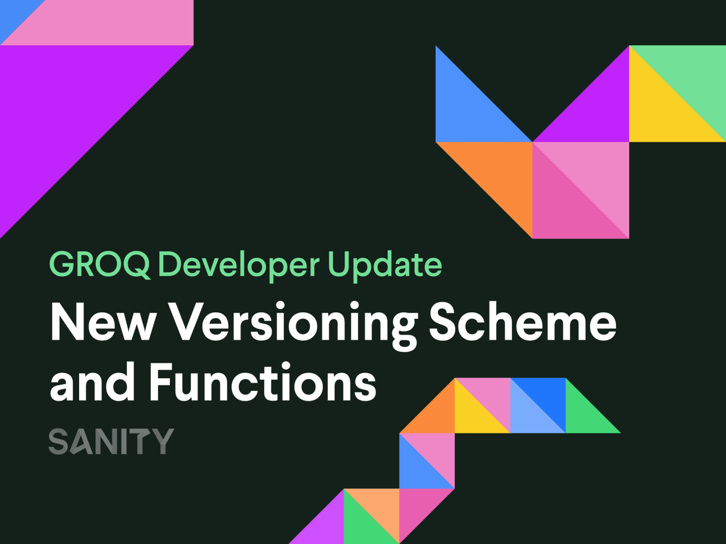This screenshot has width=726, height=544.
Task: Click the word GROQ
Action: tap(99, 264)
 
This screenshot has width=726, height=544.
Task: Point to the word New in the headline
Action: tap(103, 323)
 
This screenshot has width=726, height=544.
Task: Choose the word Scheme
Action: tap(523, 323)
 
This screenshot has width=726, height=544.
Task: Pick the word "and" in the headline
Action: tap(92, 382)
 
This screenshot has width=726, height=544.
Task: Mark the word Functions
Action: tap(263, 382)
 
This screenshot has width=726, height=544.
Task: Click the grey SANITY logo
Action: tap(111, 441)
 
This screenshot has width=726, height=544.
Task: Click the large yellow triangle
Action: tap(660, 111)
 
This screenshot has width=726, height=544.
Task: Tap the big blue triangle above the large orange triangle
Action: tap(469, 111)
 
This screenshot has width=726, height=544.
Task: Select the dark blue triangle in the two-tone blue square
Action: tap(547, 398)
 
